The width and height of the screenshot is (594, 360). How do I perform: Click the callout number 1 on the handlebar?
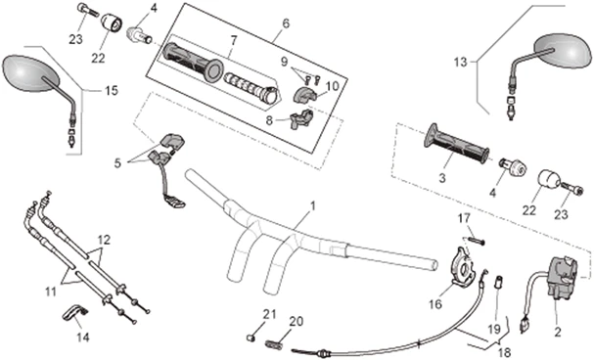[312, 206]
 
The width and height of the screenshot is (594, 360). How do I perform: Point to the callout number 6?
[258, 23]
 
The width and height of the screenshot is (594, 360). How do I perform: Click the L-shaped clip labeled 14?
[75, 311]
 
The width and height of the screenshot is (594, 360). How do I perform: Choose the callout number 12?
[104, 239]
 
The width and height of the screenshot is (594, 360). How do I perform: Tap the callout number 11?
[49, 290]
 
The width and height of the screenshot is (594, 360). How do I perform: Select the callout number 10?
[331, 86]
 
